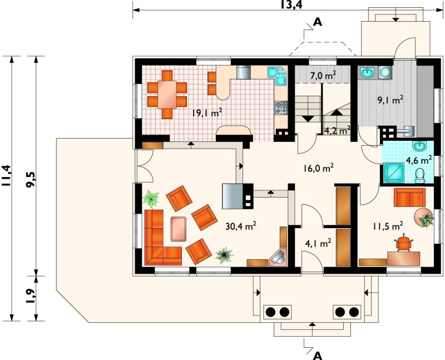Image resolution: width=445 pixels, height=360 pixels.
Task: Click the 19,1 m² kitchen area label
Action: point(206,113)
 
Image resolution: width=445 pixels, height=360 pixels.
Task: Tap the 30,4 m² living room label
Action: point(241,226)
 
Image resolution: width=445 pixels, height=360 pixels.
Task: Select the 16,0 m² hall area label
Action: point(318,168)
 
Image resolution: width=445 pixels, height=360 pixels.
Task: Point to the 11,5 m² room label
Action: point(388,226)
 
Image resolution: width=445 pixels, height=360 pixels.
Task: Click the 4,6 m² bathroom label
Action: point(419,160)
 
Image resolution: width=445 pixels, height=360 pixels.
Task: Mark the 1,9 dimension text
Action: point(31,297)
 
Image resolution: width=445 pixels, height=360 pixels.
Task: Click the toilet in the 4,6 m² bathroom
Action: point(420,175)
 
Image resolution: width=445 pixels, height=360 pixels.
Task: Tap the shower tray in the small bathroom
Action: point(393,172)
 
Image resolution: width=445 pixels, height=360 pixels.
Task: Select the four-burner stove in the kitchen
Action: point(281,108)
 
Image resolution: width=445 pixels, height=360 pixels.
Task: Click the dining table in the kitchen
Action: point(167,94)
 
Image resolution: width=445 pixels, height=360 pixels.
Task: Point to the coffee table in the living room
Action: point(179,229)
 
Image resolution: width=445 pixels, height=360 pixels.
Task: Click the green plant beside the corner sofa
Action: point(151,199)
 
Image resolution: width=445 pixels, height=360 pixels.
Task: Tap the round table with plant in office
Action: point(423,218)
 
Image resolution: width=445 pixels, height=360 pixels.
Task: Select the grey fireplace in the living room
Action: point(233,196)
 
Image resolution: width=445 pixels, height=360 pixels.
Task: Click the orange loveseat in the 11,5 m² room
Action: point(409,198)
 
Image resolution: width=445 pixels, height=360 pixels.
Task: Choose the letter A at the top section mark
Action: point(318,22)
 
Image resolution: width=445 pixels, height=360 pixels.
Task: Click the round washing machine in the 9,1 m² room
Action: point(385,72)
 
